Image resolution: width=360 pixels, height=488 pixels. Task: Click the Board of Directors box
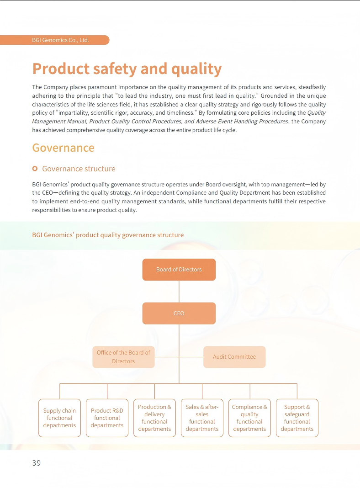coord(179,270)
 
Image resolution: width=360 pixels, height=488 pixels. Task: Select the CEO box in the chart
coord(179,313)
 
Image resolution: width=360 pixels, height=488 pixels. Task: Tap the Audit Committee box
coord(234,357)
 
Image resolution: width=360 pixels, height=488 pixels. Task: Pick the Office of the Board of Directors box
coord(123,357)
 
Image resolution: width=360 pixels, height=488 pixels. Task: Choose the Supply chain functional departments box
coord(59,418)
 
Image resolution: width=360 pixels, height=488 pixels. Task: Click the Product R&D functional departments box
coord(107,418)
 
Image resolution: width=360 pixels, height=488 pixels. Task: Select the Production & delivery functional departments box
coord(154,418)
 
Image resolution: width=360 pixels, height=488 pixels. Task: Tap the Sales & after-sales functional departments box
coord(202,418)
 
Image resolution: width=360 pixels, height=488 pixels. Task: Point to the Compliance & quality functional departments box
coord(249,418)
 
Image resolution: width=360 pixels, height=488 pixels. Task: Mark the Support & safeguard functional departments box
coord(297,418)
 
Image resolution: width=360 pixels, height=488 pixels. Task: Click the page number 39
coord(37,463)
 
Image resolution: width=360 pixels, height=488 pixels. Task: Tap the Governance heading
coord(63,148)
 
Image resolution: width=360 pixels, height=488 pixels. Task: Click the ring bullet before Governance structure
coord(35,169)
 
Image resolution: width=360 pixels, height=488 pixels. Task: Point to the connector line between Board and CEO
coord(179,292)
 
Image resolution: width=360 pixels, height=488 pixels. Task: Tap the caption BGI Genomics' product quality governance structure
coord(108,235)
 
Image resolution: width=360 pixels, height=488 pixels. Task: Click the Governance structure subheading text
coord(79,169)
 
